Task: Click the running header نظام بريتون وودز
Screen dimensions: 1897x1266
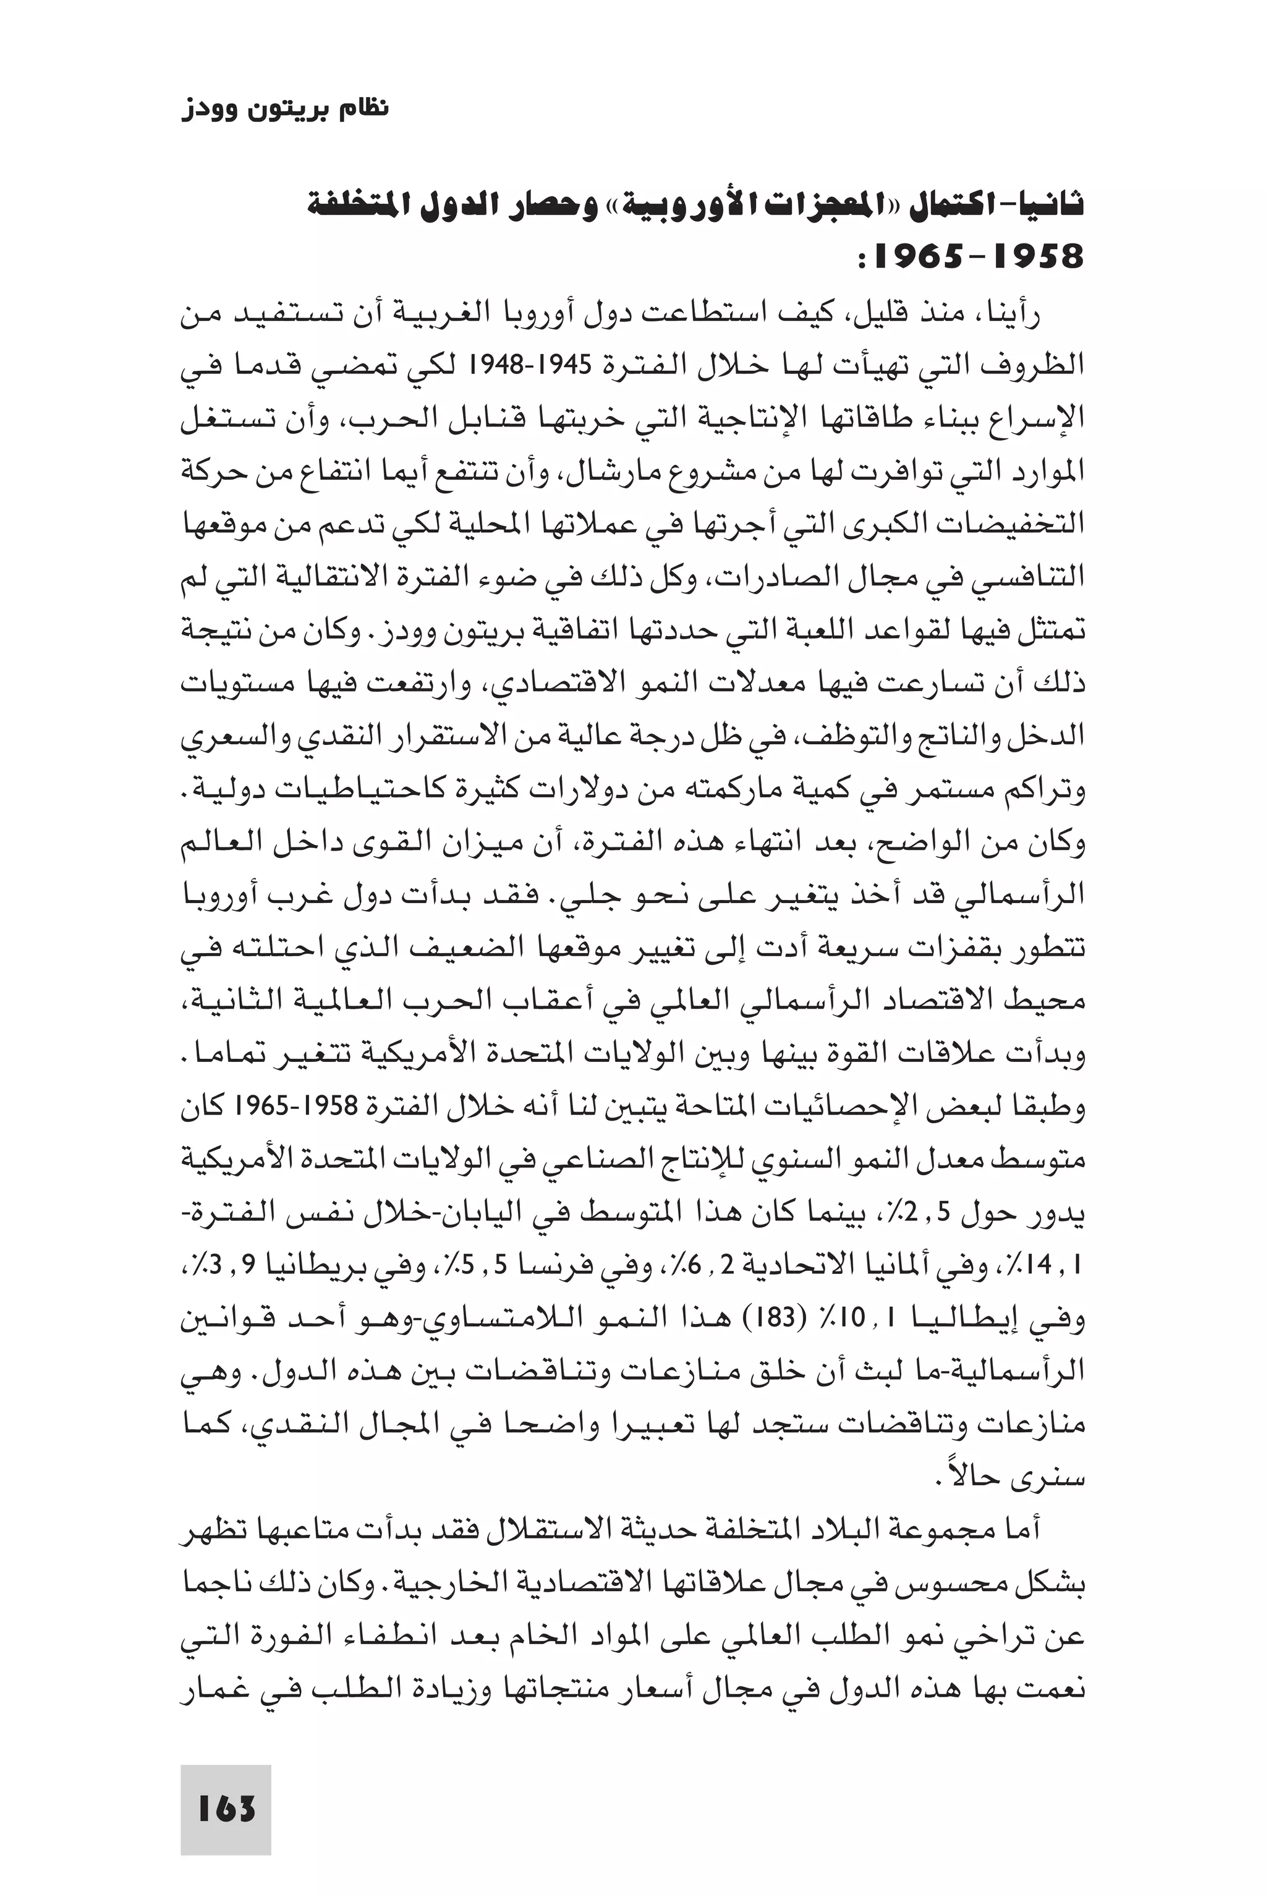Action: pos(285,108)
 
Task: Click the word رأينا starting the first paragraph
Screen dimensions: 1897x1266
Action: pos(1008,313)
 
